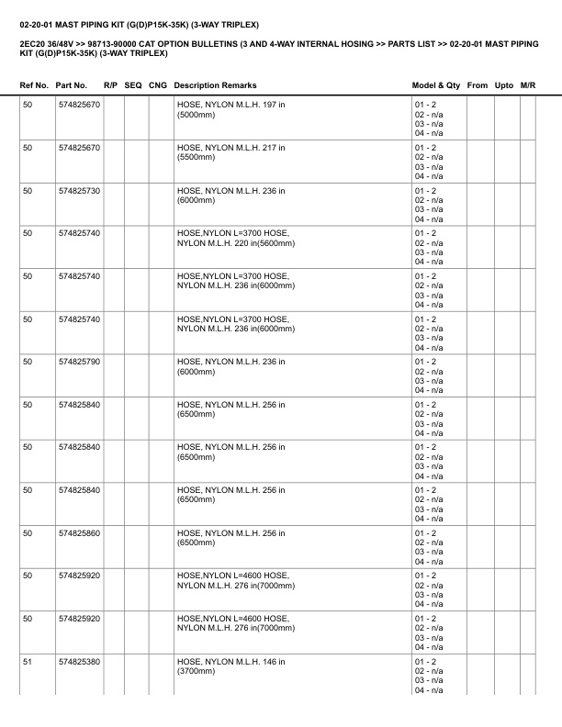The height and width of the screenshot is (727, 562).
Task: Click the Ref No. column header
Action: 34,85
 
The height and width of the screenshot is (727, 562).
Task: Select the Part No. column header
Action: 72,85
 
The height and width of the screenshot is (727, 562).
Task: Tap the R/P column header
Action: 110,85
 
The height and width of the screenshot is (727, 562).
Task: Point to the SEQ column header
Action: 133,85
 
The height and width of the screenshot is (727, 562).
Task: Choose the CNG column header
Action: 158,85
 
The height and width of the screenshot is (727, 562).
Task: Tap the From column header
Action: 478,85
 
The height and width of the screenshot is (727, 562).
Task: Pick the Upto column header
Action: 504,85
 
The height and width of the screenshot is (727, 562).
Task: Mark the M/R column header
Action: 528,85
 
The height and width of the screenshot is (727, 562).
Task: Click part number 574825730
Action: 79,191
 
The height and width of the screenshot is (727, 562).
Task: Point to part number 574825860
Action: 79,533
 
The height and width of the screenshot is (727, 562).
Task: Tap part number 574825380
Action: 79,662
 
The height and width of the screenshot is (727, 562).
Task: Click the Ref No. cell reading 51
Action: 28,662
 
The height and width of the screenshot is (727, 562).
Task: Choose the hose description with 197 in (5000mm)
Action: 230,110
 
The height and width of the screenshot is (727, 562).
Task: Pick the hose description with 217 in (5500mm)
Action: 230,153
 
